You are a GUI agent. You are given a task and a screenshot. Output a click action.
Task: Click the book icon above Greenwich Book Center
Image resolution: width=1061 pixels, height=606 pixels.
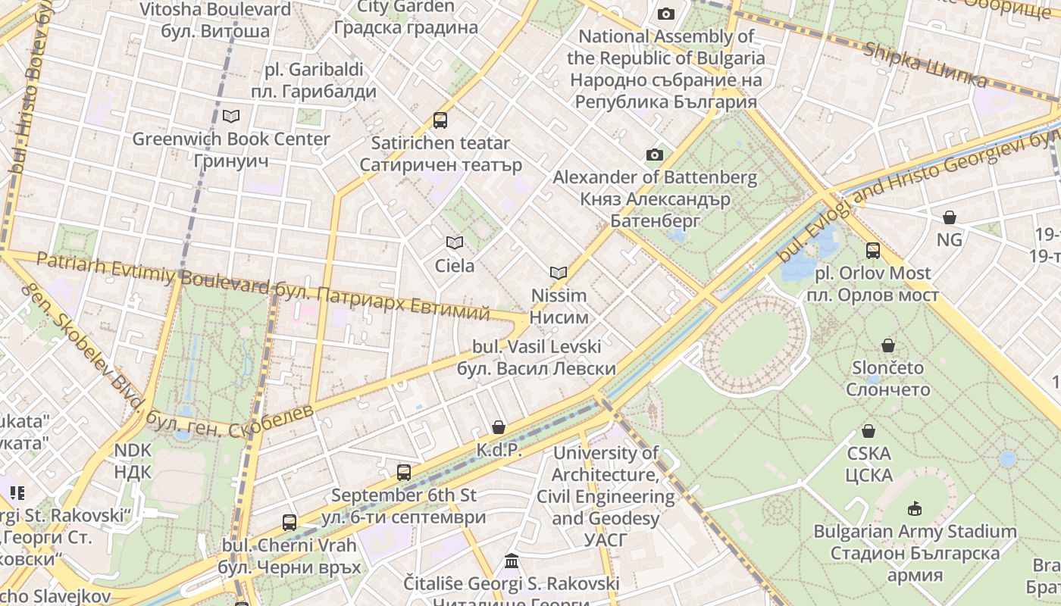click(x=231, y=116)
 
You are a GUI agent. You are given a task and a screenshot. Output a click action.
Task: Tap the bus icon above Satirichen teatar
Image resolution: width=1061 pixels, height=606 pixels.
click(x=440, y=120)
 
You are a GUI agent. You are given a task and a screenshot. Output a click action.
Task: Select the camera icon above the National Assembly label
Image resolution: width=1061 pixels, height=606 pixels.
click(x=665, y=14)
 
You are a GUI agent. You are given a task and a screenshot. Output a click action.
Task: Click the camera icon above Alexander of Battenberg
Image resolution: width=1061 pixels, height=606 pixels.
click(x=654, y=155)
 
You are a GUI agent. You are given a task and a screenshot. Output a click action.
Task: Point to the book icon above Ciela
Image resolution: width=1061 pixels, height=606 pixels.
click(x=455, y=242)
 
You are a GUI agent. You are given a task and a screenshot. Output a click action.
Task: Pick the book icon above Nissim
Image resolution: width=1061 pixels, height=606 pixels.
click(x=559, y=273)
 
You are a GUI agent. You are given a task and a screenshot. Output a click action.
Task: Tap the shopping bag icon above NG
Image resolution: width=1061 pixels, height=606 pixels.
click(x=949, y=217)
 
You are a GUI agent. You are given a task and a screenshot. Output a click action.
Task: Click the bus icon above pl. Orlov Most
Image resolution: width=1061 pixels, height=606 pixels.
click(x=872, y=250)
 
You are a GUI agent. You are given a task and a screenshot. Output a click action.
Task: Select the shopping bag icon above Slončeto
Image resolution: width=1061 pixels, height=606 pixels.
click(x=888, y=345)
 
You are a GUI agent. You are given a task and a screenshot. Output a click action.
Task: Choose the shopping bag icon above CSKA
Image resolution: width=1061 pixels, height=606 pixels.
click(x=869, y=431)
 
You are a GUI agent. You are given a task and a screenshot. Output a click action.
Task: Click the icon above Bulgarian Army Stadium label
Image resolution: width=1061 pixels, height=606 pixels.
click(x=915, y=508)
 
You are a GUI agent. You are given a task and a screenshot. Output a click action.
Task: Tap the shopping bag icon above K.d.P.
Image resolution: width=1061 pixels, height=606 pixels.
click(x=498, y=427)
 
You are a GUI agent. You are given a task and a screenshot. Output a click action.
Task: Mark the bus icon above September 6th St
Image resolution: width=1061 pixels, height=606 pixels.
click(x=404, y=473)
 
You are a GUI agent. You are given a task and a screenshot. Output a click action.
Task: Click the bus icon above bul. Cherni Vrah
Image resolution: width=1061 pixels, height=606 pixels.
click(x=289, y=522)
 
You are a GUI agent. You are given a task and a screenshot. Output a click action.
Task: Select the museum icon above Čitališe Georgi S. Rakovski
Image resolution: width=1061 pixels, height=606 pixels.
click(x=512, y=561)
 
